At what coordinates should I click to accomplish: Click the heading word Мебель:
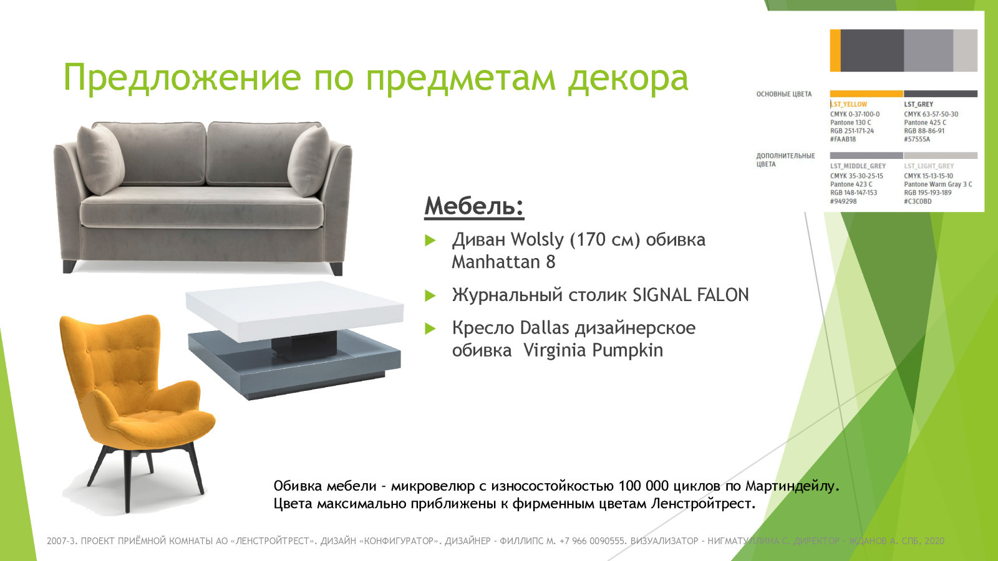(474, 206)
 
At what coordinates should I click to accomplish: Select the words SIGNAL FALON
(690, 295)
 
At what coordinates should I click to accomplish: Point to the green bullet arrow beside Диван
(430, 241)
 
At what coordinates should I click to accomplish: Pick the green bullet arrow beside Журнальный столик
(430, 295)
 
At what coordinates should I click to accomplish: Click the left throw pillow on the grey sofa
(100, 159)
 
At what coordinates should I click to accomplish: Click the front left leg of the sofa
(69, 266)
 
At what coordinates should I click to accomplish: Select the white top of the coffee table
(293, 309)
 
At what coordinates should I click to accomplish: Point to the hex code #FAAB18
(843, 140)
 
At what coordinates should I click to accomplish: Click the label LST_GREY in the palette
(919, 105)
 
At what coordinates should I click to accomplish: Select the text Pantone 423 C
(851, 185)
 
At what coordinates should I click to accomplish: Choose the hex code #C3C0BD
(918, 201)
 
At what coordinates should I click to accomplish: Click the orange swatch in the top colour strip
(835, 50)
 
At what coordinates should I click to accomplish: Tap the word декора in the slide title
(627, 78)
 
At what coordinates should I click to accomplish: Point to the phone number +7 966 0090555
(593, 541)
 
